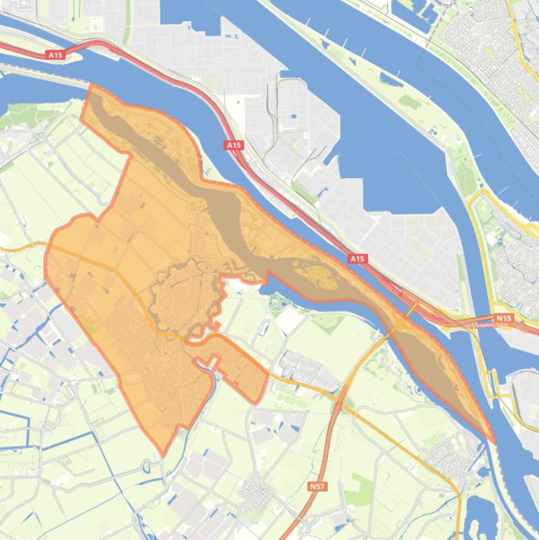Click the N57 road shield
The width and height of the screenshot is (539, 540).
(317, 485)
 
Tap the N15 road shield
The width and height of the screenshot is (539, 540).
(503, 318)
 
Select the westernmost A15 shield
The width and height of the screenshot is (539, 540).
(55, 54)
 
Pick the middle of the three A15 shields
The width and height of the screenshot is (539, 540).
(233, 145)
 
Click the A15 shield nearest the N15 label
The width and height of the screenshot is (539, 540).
(357, 259)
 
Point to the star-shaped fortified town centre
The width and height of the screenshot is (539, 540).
(184, 295)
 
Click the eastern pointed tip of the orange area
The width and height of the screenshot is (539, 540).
(493, 442)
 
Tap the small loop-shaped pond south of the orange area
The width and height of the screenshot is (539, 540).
(146, 466)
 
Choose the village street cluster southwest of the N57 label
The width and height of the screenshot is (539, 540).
(257, 488)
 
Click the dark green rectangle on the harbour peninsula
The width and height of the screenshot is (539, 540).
(410, 102)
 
